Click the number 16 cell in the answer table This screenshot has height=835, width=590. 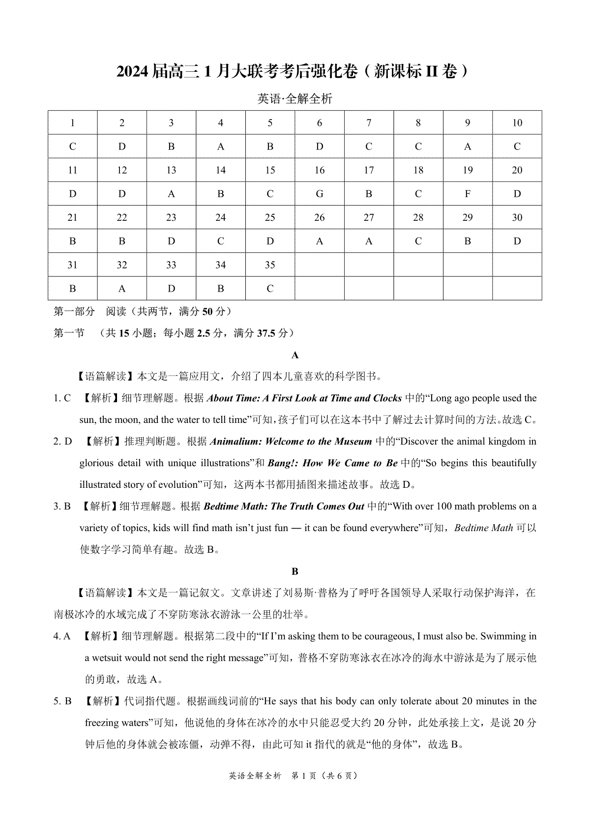pos(320,170)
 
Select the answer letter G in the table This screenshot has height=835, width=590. pos(320,194)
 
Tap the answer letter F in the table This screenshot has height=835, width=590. pos(468,194)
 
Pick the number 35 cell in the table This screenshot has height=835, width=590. pos(270,265)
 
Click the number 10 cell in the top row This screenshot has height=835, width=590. pos(517,123)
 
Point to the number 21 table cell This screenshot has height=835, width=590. pos(72,217)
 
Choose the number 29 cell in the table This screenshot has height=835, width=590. pos(468,217)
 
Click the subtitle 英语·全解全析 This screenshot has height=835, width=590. pos(295,99)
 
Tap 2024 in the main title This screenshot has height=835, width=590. pos(132,72)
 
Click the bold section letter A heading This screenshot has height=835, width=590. pos(295,355)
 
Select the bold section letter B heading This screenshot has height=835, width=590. pos(295,571)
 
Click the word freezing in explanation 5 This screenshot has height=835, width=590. pos(102,723)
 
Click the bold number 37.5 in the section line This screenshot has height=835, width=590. pos(266,333)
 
